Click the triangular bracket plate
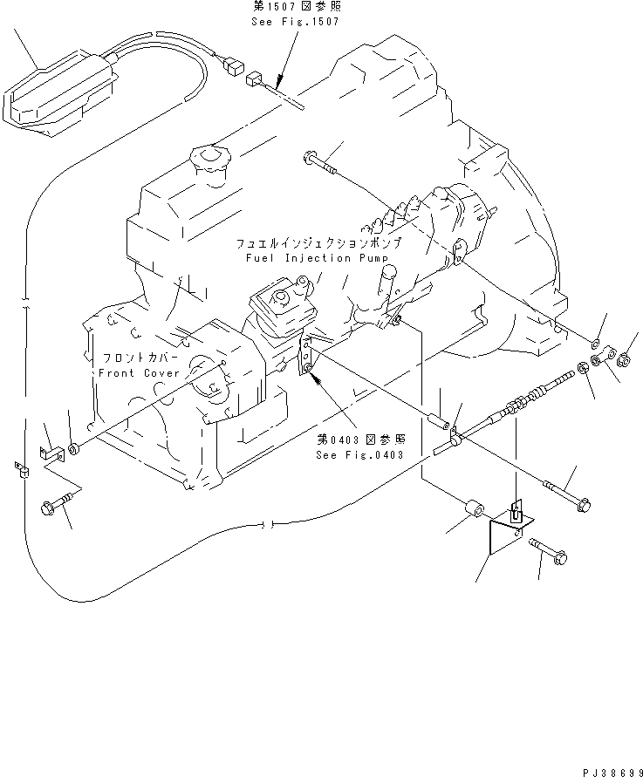pos(503,532)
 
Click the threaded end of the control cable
pos(557,379)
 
